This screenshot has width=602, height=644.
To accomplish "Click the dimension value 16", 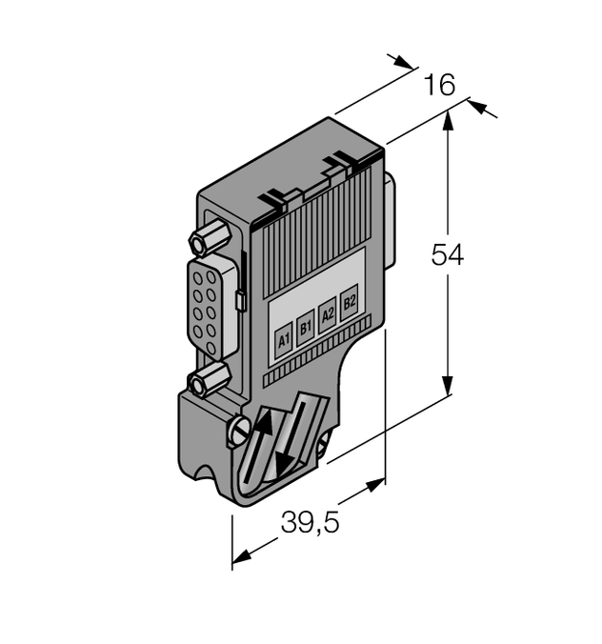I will [x=439, y=86].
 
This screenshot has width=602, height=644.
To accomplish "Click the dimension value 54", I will [x=447, y=255].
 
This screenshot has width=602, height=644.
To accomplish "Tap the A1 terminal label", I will [x=283, y=340].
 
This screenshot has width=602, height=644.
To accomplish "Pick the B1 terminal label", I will [x=305, y=328].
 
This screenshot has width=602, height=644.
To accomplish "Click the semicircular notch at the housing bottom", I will [x=204, y=476].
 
